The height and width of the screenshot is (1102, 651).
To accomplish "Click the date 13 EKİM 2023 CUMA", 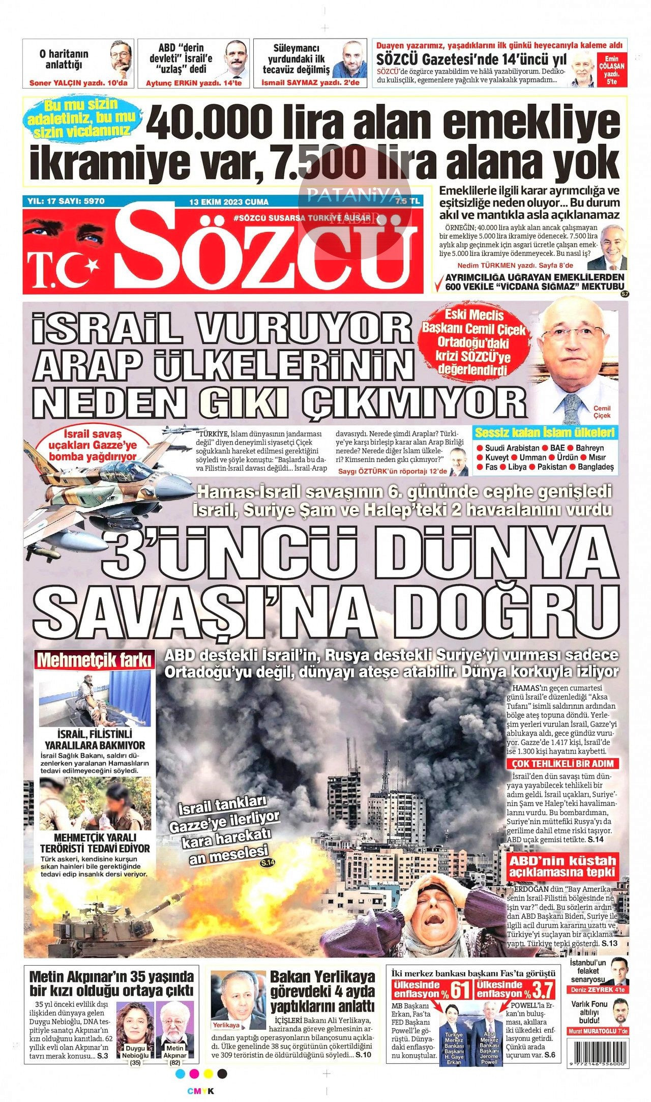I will coord(228,201).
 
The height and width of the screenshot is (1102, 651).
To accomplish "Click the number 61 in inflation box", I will coord(459,991).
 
